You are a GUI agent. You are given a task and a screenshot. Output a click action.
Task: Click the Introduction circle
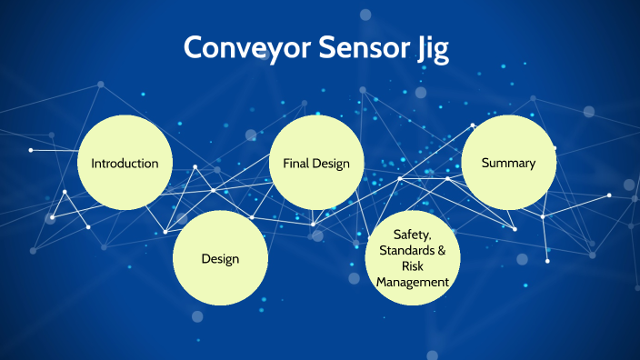[125, 164]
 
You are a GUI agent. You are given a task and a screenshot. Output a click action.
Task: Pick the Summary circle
[508, 163]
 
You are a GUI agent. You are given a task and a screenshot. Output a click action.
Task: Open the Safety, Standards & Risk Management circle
[412, 258]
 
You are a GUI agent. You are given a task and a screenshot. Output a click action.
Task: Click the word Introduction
[125, 164]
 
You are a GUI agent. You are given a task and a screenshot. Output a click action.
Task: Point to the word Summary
[508, 163]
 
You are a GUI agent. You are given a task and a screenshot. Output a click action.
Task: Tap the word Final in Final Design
[296, 164]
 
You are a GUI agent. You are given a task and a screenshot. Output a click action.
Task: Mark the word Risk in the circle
[412, 266]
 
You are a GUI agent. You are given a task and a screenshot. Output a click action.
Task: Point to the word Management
[412, 282]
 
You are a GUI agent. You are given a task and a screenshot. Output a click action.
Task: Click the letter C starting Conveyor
[193, 47]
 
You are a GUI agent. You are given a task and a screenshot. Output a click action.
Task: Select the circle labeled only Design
[220, 258]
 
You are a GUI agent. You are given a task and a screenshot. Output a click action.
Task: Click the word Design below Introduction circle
[220, 258]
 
